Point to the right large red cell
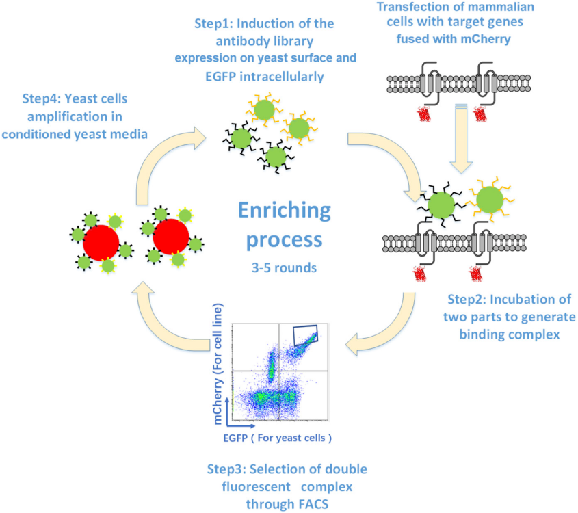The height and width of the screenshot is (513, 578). point(171,237)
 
